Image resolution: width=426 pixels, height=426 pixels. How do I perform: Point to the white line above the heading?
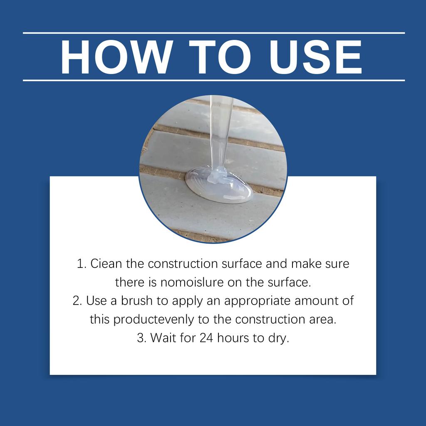[x=213, y=33]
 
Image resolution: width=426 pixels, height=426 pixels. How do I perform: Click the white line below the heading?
[x=213, y=80]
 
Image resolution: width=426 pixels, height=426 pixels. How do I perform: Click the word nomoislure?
[x=184, y=283]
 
